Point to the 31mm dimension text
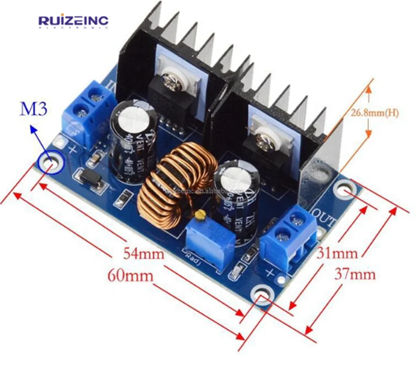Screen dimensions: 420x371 337,253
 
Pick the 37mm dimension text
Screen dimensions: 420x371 355,274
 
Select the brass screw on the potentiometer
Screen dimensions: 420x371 201,215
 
